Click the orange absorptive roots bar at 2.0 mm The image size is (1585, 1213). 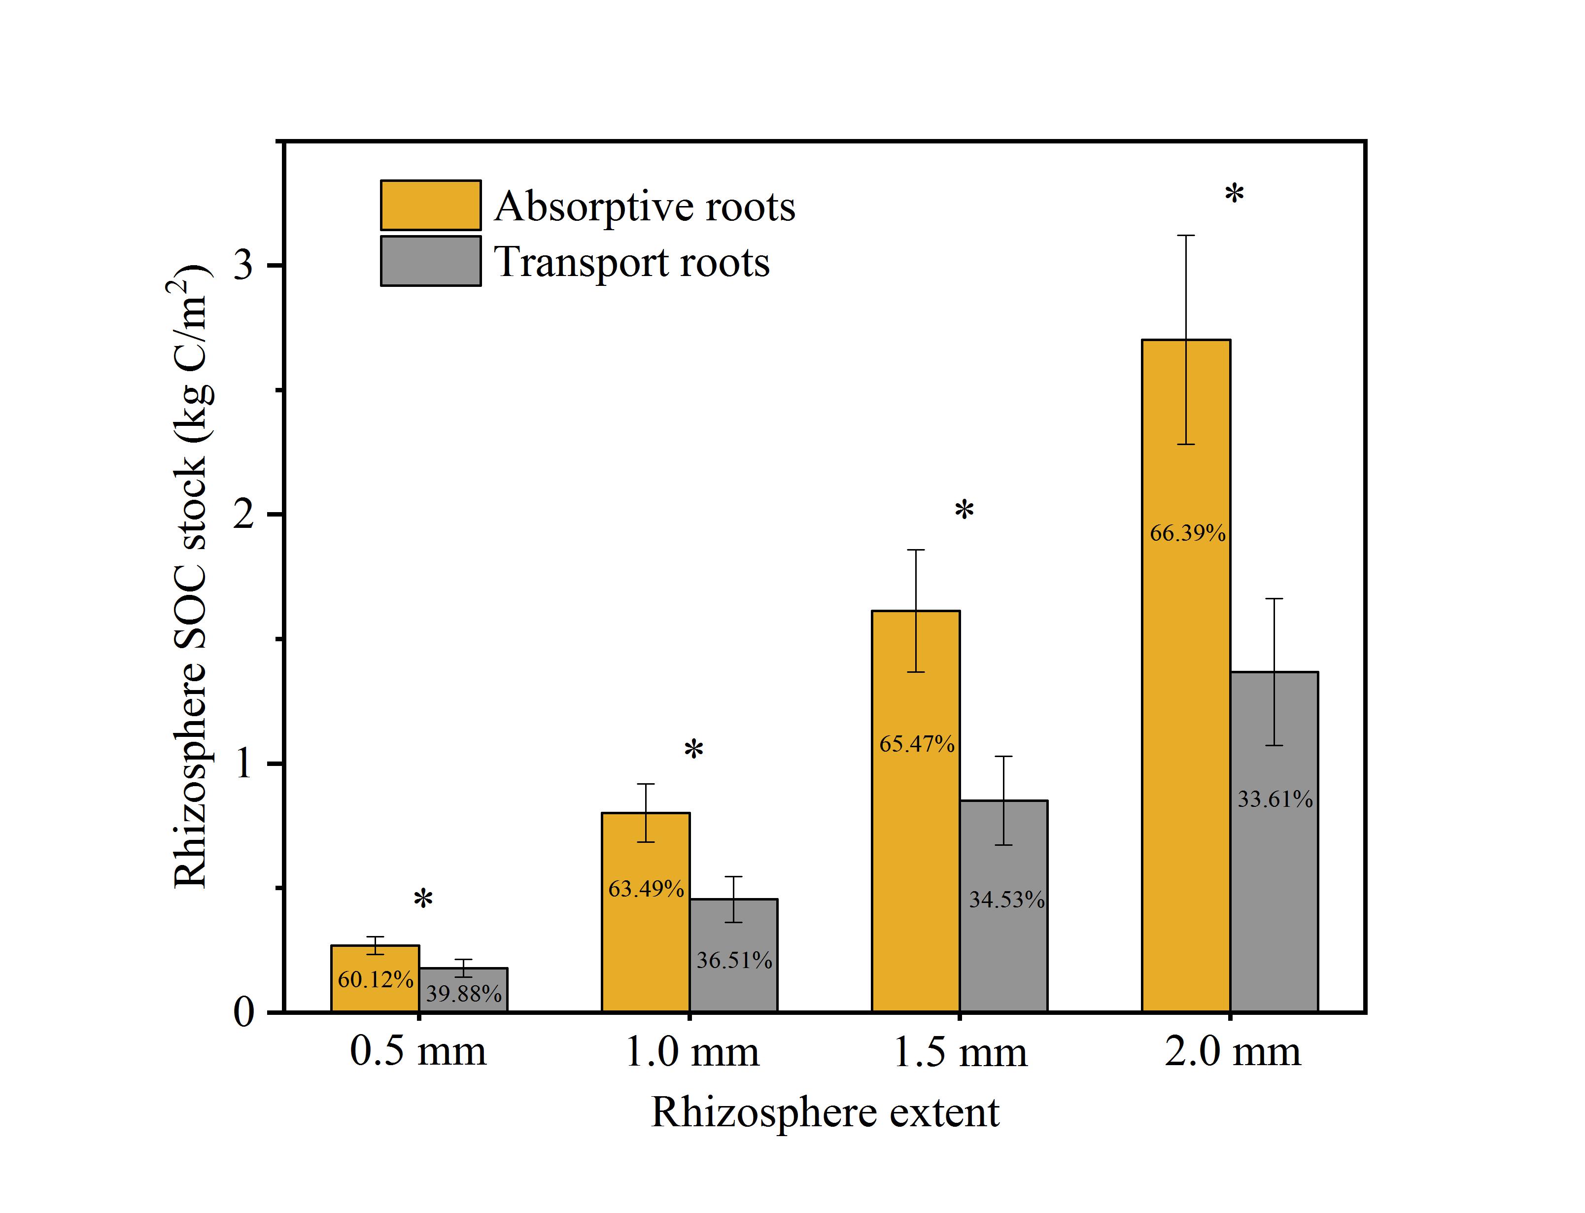(x=1186, y=722)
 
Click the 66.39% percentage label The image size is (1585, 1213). (x=1187, y=534)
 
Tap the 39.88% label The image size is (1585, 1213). (x=463, y=994)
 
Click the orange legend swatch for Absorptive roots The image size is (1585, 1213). (x=431, y=205)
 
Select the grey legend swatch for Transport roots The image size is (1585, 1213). (x=431, y=261)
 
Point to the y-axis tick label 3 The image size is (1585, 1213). (x=244, y=265)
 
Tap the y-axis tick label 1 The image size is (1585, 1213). (x=244, y=763)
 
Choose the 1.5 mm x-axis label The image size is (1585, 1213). (x=960, y=1053)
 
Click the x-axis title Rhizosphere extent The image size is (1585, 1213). (x=825, y=1112)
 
